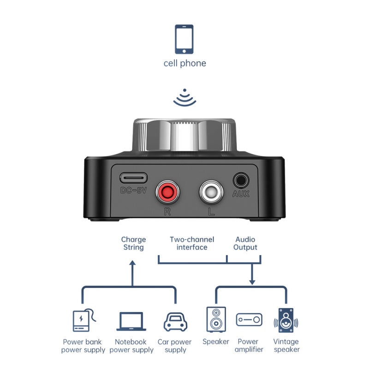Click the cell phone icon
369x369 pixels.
(184, 39)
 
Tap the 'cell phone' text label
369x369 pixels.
(185, 63)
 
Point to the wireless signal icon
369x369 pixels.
(185, 98)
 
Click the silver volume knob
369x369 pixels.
(184, 135)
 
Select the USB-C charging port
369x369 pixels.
(133, 178)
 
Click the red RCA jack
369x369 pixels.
(167, 192)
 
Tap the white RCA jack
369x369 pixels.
(211, 192)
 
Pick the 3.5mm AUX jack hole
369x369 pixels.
(241, 181)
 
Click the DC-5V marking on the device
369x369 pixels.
(133, 190)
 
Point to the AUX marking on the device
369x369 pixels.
(241, 194)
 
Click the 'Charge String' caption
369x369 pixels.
(133, 244)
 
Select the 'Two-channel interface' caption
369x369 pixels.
(192, 244)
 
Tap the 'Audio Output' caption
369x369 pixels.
(245, 244)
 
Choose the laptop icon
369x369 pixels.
(131, 321)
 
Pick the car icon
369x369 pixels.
(175, 322)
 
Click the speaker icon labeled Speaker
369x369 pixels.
(216, 319)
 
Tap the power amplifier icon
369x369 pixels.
(249, 320)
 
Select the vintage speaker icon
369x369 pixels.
(286, 320)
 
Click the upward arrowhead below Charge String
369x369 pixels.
(133, 263)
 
